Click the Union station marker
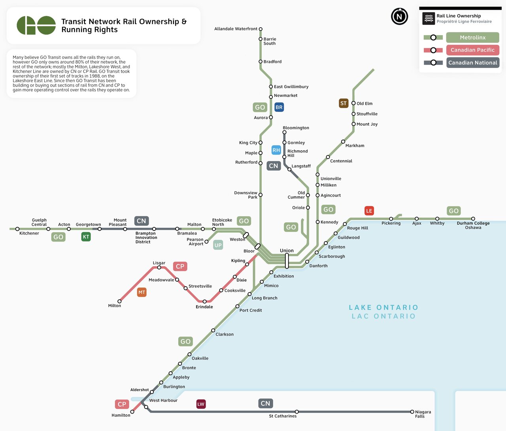tap(287, 261)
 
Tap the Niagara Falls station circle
tap(412, 412)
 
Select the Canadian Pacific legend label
tap(472, 50)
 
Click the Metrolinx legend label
tap(472, 38)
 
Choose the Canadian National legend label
tap(472, 62)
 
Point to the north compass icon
tap(399, 17)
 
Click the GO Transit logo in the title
tap(36, 25)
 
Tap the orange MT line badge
tap(142, 292)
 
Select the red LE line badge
tap(369, 211)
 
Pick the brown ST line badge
tap(344, 104)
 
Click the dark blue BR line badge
tap(279, 107)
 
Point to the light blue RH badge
tap(276, 150)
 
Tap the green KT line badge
tap(86, 237)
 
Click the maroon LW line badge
tap(201, 404)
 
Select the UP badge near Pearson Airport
tap(218, 245)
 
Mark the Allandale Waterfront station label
tap(236, 29)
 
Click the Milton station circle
tap(119, 301)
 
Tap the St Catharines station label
tap(283, 416)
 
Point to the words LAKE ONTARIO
tap(383, 308)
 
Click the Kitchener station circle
tap(17, 229)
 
